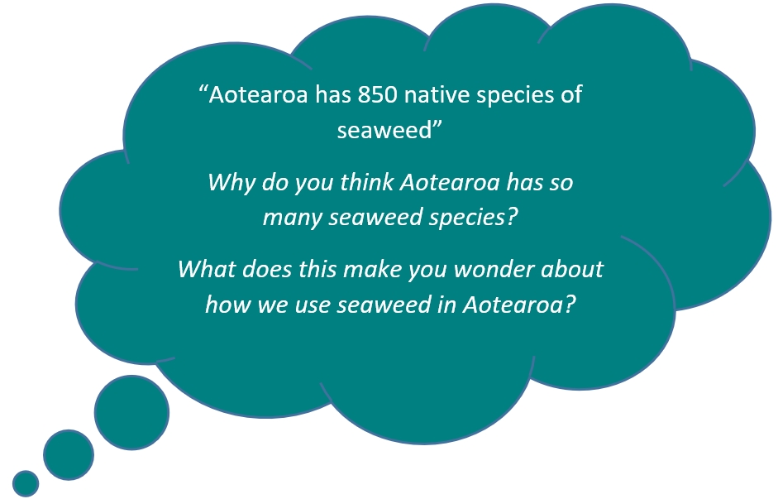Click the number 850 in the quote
tap(378, 94)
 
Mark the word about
tap(571, 269)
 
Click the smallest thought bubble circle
tap(26, 483)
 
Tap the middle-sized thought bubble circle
tap(69, 455)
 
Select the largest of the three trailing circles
tap(131, 413)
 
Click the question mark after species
tap(513, 217)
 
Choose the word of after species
tap(571, 94)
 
